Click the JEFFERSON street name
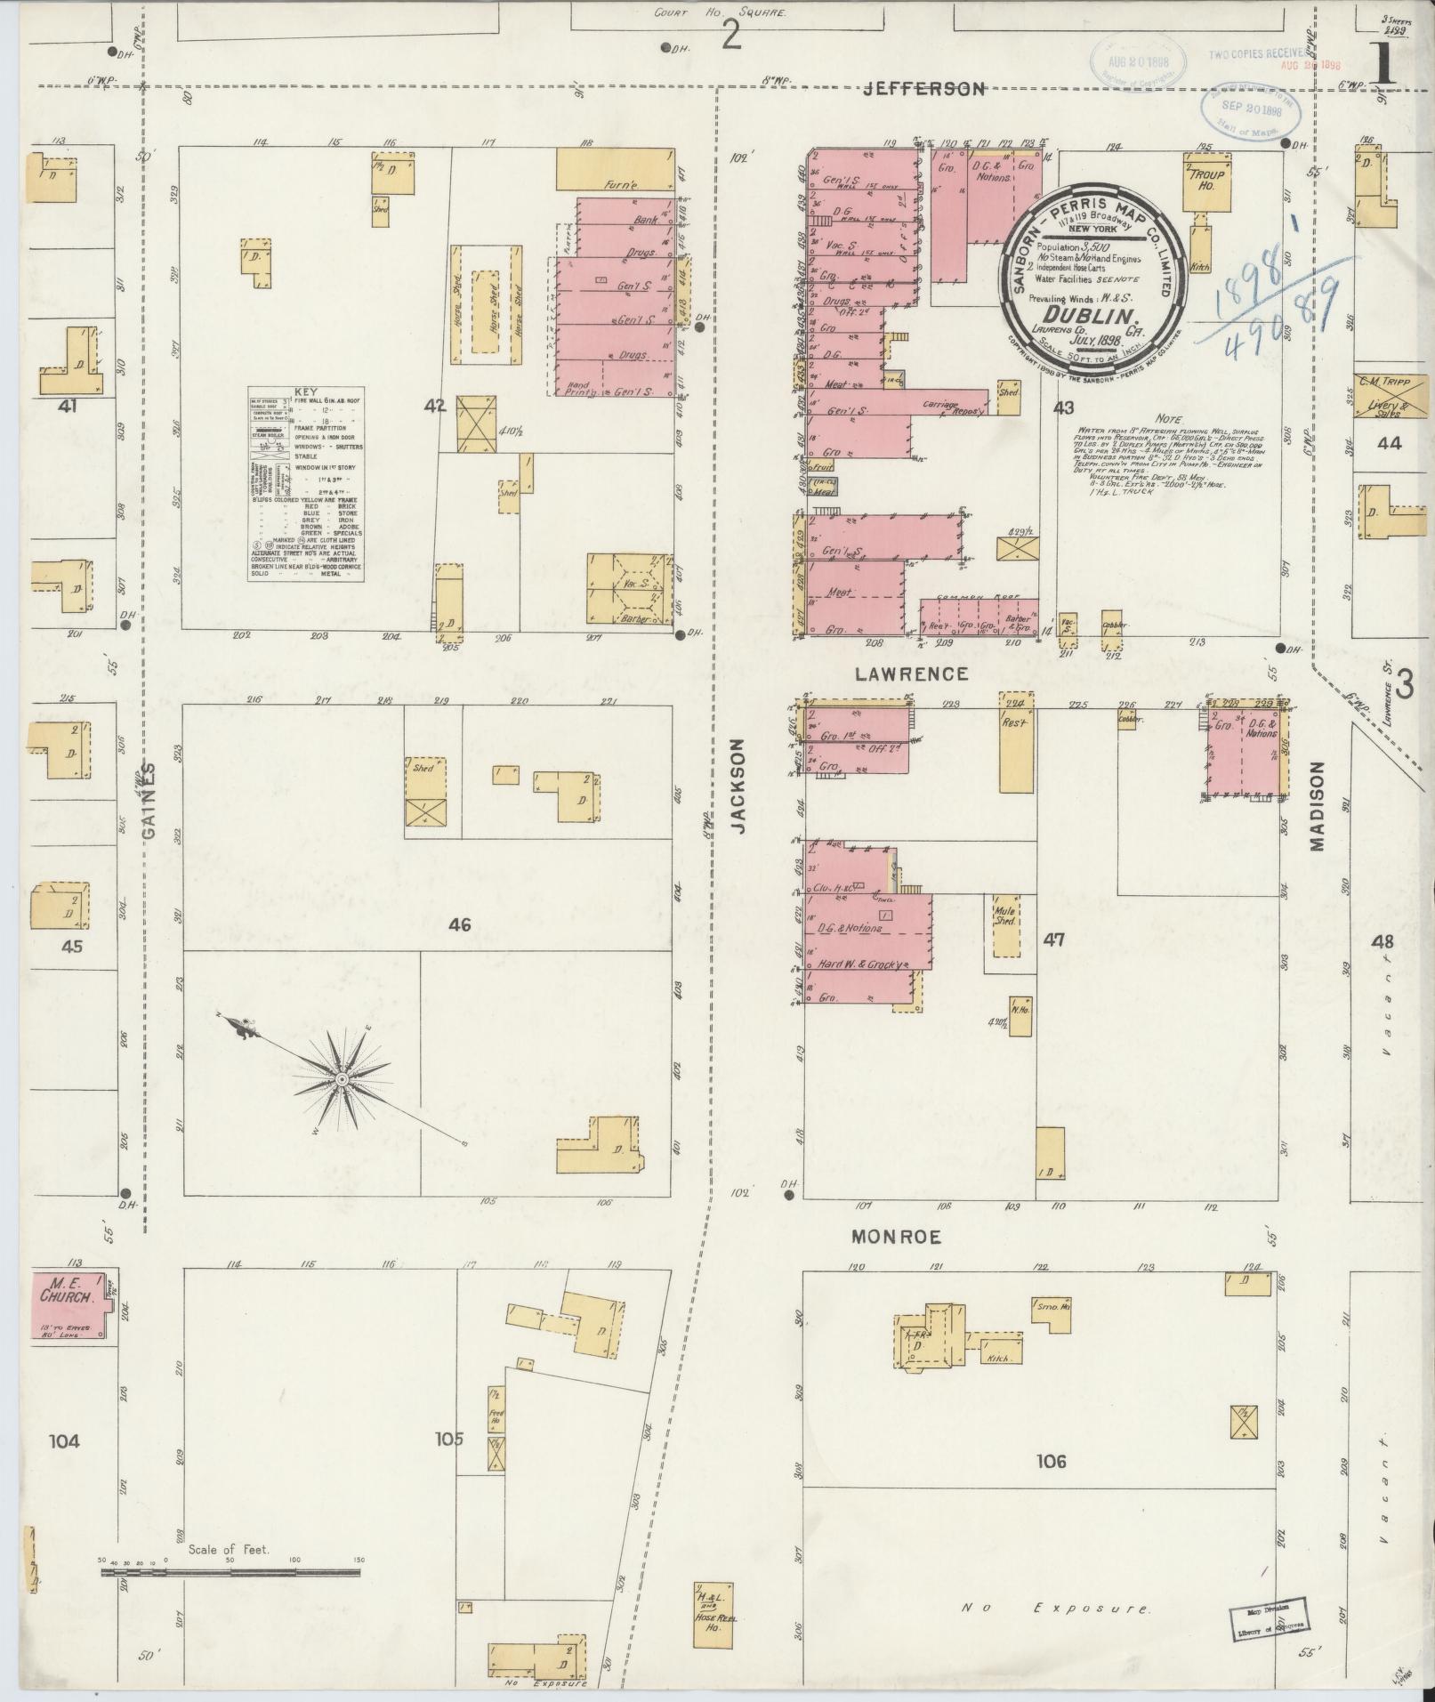coord(925,89)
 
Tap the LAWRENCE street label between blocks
coord(911,674)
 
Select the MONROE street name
coord(895,1237)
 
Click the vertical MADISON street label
coord(1317,806)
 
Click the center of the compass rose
coord(341,1080)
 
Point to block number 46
coord(459,925)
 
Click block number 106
coord(1051,1460)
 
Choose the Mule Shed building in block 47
coord(1006,925)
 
